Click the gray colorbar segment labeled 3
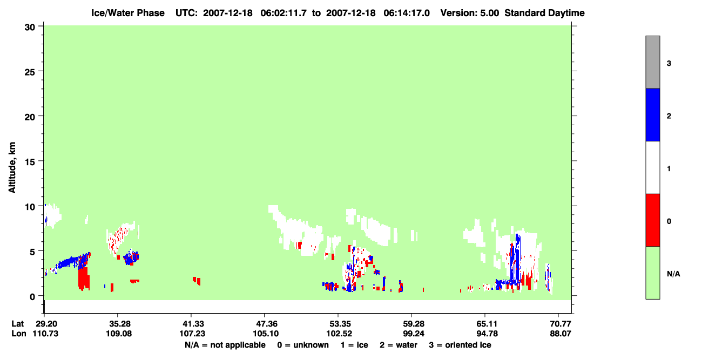653,62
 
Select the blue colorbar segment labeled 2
653,114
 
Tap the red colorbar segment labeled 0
653,220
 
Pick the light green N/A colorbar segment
653,273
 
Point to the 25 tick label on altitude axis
30,72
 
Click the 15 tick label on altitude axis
30,162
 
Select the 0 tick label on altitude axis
32,297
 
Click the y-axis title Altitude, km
12,168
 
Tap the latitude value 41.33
193,324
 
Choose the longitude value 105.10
266,334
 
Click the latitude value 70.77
561,324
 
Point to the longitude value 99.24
414,334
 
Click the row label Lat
18,324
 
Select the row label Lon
19,334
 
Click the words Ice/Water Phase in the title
128,13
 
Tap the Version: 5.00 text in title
470,13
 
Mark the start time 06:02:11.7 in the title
283,13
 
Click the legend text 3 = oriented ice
460,345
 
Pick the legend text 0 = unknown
303,345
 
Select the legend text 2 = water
399,345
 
